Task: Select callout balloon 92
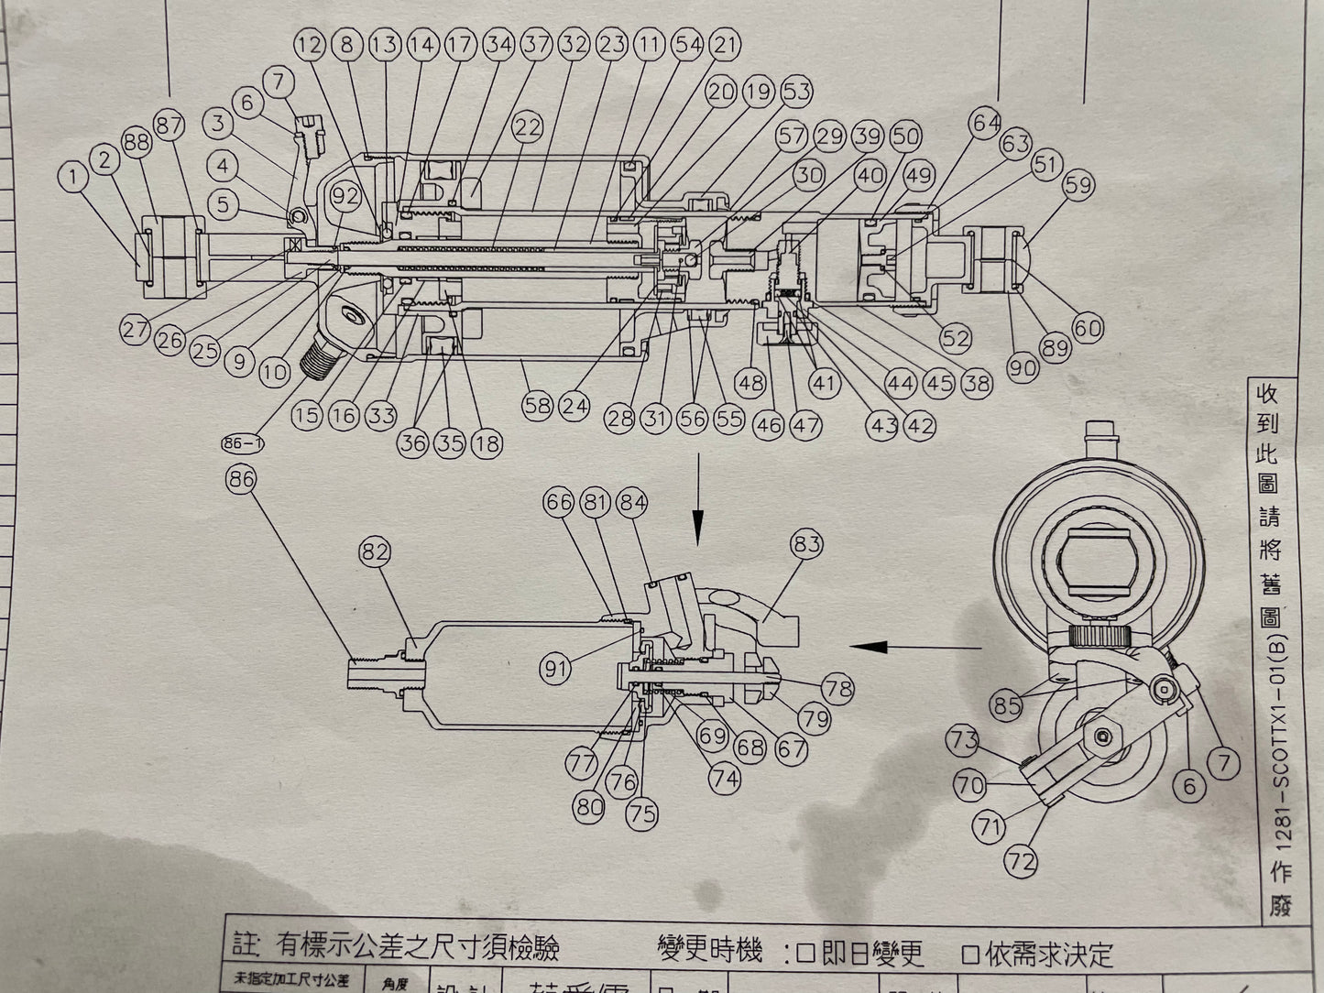click(x=345, y=195)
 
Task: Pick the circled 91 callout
click(x=556, y=668)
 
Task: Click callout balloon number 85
click(x=1007, y=706)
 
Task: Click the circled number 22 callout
click(x=528, y=127)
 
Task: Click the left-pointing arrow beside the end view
click(x=876, y=647)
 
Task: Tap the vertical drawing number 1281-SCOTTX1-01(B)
click(x=1281, y=715)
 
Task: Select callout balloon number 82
click(x=376, y=552)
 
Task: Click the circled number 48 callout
click(x=750, y=382)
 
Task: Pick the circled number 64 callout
click(x=987, y=123)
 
